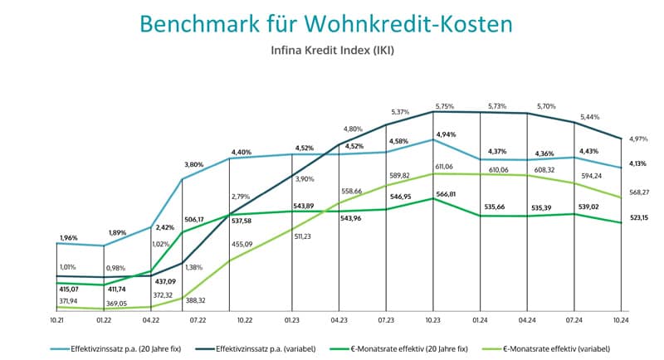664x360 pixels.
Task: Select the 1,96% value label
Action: click(69, 238)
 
